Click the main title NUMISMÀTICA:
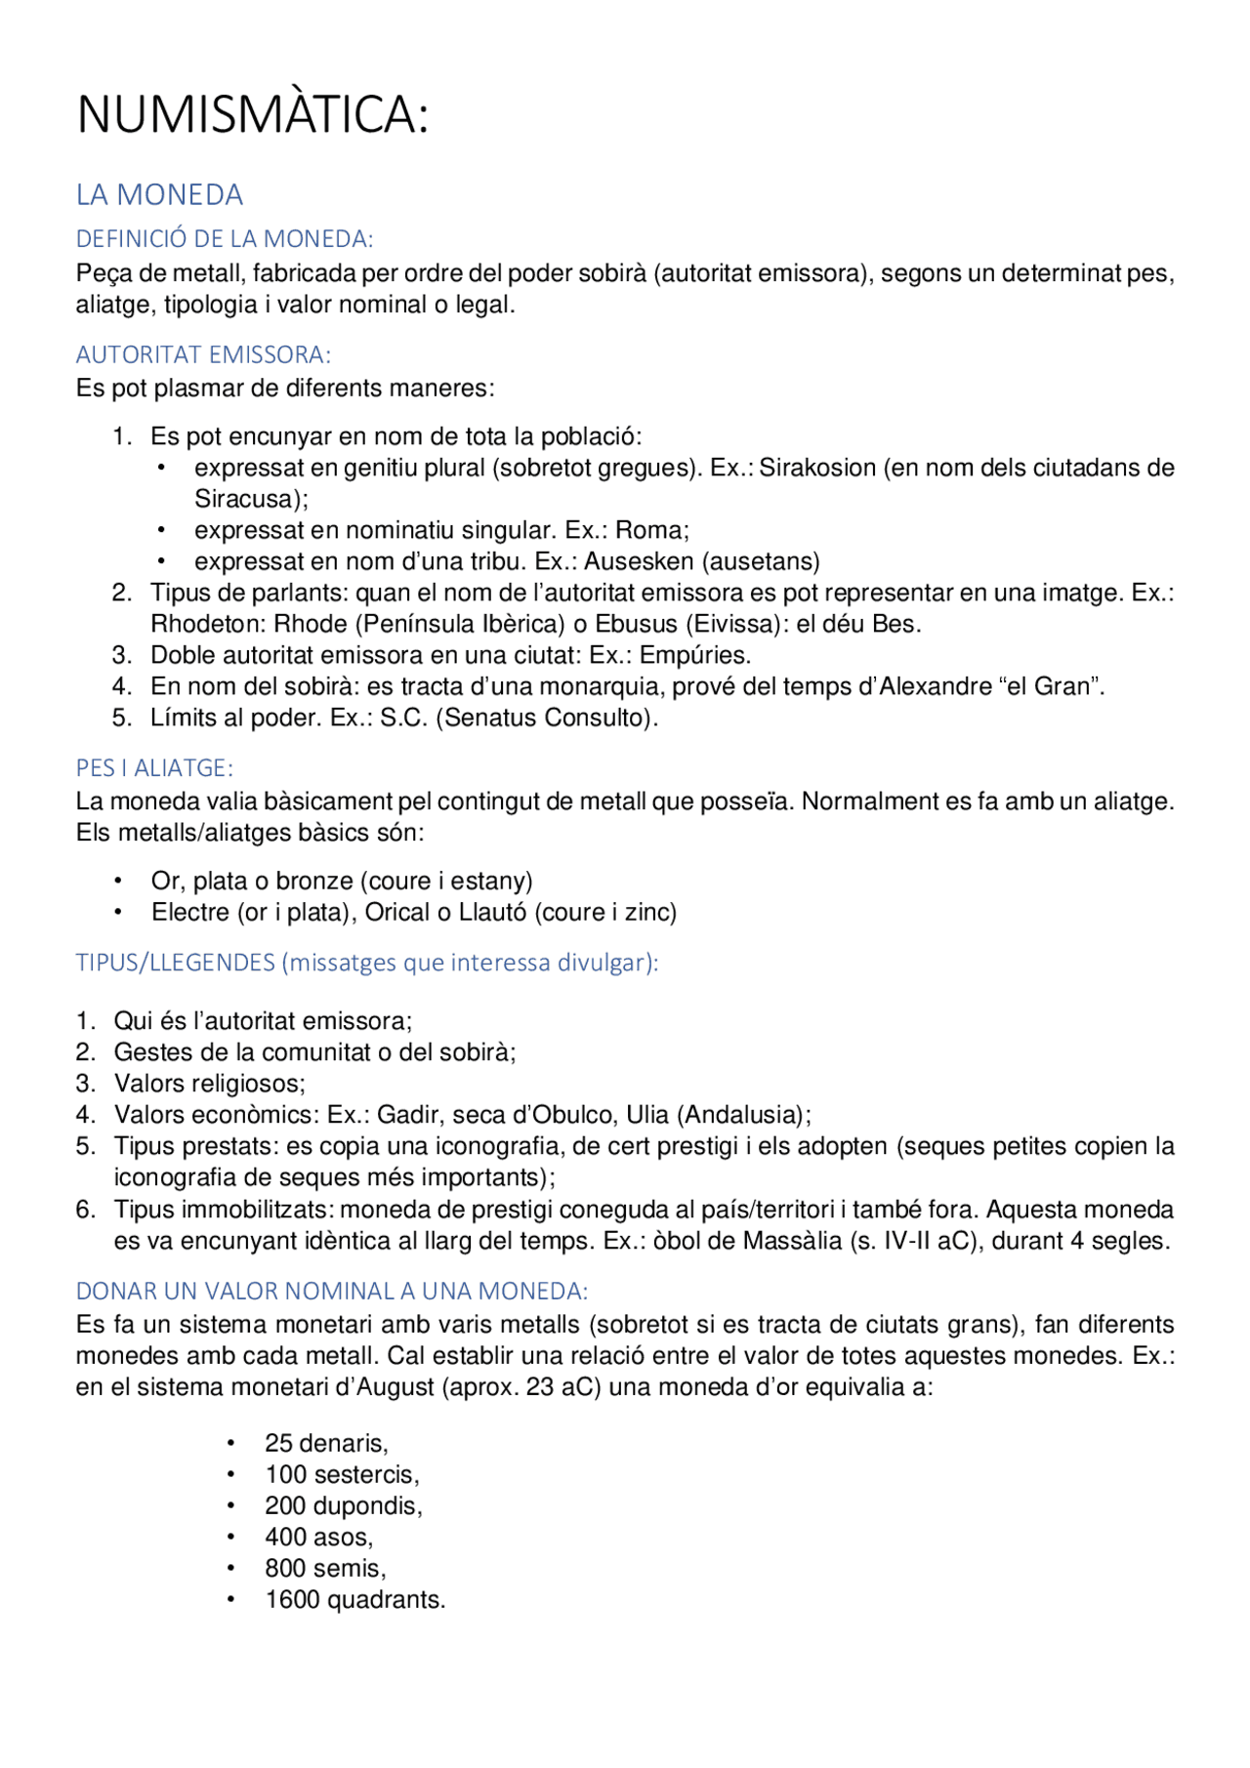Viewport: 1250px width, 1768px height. pyautogui.click(x=252, y=114)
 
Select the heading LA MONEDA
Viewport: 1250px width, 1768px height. pyautogui.click(x=159, y=195)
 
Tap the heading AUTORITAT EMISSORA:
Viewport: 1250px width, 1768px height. pyautogui.click(x=203, y=354)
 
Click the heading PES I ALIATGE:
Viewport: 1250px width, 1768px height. pyautogui.click(x=154, y=768)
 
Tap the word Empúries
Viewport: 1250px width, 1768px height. pyautogui.click(x=694, y=655)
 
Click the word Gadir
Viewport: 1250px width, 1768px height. pyautogui.click(x=408, y=1115)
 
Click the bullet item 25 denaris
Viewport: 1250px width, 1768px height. pyautogui.click(x=326, y=1443)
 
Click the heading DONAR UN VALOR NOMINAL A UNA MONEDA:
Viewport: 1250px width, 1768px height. pyautogui.click(x=332, y=1291)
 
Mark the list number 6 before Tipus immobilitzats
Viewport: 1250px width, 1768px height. pyautogui.click(x=85, y=1210)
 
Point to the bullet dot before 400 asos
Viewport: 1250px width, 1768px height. pyautogui.click(x=231, y=1538)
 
